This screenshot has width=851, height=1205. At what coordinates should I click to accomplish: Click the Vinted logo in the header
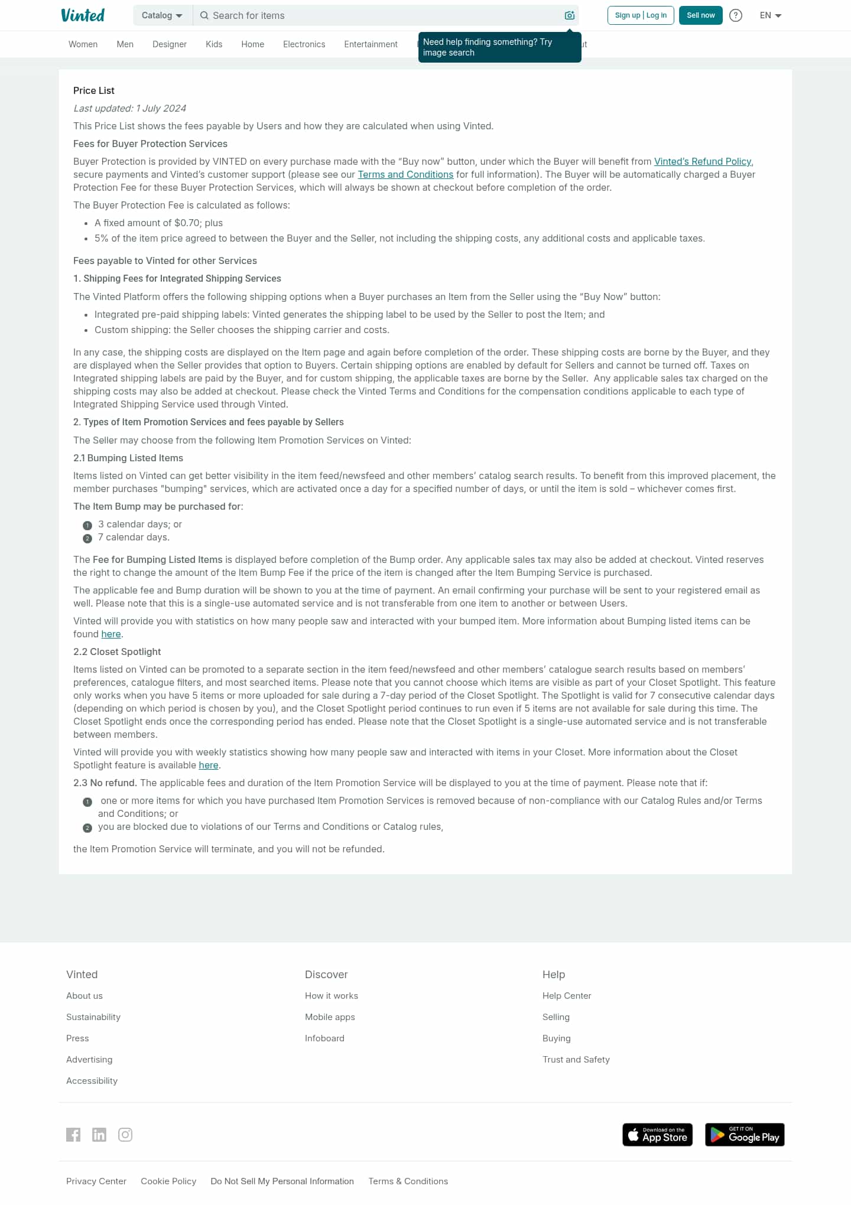point(83,15)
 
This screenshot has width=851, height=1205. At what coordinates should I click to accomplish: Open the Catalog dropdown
point(162,15)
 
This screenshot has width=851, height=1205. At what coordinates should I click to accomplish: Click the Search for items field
point(378,15)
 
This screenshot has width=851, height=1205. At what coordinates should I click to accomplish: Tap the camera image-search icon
point(570,15)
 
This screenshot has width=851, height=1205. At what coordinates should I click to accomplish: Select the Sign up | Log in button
point(641,15)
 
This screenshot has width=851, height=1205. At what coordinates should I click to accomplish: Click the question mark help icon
point(736,15)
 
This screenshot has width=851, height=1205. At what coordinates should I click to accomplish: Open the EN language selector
point(771,15)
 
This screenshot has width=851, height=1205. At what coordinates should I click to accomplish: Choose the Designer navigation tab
point(170,44)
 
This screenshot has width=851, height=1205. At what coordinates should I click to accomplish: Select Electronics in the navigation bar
point(304,44)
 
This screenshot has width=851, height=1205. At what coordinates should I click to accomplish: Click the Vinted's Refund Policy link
point(703,161)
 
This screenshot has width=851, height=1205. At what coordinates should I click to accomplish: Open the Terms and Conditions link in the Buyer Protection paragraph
point(405,174)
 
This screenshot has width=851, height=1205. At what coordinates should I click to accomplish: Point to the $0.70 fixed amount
point(187,223)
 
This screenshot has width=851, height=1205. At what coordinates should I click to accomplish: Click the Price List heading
point(94,90)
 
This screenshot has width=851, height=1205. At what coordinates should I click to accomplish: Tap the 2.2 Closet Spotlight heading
point(117,652)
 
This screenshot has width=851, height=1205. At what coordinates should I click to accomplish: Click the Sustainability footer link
point(93,1017)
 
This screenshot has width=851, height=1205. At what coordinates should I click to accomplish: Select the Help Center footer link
point(567,995)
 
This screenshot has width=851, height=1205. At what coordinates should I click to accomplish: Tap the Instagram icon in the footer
point(125,1135)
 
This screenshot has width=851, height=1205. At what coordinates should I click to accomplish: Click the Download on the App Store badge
point(657,1135)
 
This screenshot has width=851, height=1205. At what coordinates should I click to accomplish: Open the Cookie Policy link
point(168,1181)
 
